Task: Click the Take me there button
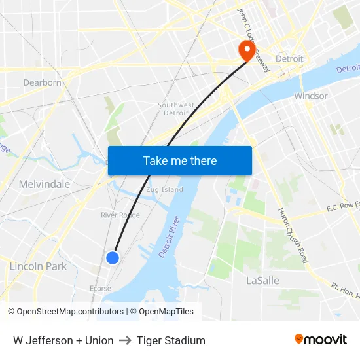tap(180, 160)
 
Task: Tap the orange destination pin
tap(247, 50)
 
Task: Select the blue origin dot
tap(113, 258)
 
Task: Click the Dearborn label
tap(42, 82)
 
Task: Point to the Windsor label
tap(311, 96)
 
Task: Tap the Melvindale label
tap(45, 184)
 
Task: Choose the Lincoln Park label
tap(38, 266)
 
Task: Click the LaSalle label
tap(262, 281)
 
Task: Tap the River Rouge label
tap(120, 215)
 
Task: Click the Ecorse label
tap(100, 288)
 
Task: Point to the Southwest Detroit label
tap(176, 109)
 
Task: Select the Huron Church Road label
tap(293, 235)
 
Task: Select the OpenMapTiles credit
tap(166, 312)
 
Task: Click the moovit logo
tap(321, 340)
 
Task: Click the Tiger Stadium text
tap(171, 340)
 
